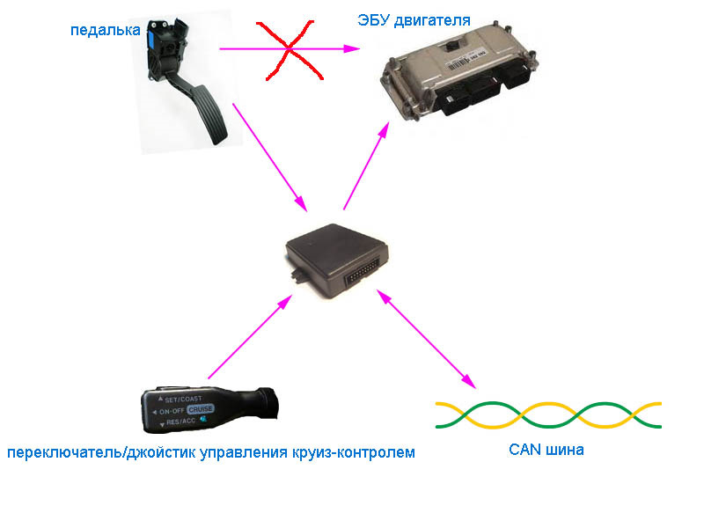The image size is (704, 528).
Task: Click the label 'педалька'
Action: tap(105, 31)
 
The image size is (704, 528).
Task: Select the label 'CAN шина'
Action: tap(546, 450)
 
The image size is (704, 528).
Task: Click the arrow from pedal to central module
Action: tap(269, 158)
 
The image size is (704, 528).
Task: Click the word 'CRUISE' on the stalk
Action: tap(200, 408)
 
